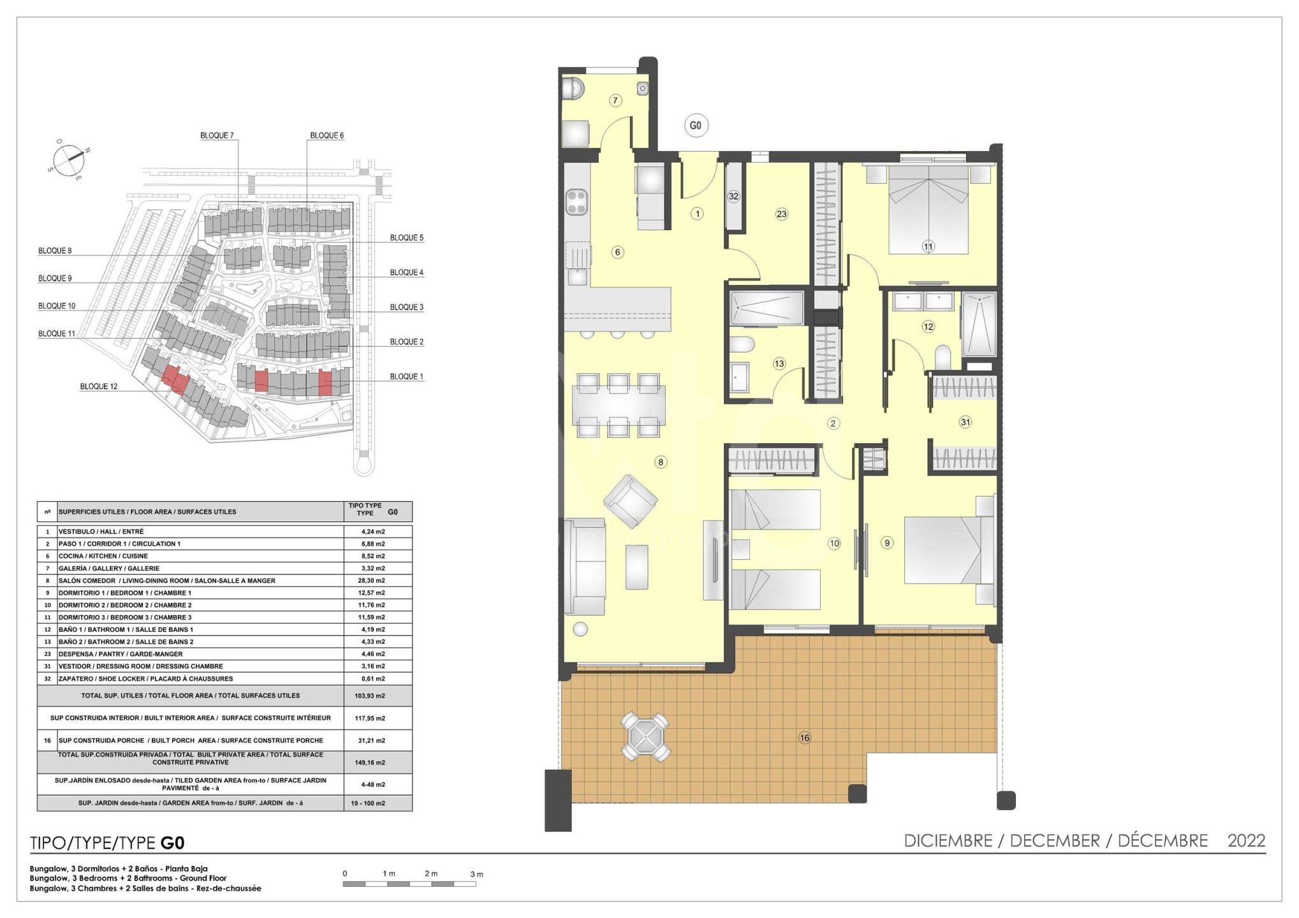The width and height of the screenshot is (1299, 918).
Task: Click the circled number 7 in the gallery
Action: [x=615, y=100]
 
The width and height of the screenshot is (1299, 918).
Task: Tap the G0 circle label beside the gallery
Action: [x=695, y=126]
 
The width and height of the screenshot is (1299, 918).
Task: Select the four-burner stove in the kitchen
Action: [x=576, y=201]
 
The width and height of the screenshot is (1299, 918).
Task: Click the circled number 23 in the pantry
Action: [x=782, y=214]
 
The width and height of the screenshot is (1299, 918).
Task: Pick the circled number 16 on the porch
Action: [x=805, y=738]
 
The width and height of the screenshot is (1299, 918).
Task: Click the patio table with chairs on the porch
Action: [x=645, y=737]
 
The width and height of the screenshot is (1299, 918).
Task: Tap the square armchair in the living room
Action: [x=631, y=501]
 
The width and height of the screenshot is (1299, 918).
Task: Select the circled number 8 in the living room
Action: [x=661, y=462]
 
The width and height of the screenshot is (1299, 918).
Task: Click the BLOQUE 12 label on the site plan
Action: [x=99, y=387]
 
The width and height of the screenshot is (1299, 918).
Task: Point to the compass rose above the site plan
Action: [x=69, y=159]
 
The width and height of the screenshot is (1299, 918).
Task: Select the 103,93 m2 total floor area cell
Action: [x=370, y=696]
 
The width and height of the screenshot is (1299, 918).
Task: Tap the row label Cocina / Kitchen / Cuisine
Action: [x=103, y=556]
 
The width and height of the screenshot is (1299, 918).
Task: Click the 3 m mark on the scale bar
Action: [x=476, y=874]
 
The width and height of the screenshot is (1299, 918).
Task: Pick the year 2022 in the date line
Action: [x=1247, y=841]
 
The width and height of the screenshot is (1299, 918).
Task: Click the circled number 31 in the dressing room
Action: [x=965, y=422]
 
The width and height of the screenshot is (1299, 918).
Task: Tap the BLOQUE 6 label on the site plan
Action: [x=327, y=136]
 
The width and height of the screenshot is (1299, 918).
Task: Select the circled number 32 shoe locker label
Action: [x=733, y=196]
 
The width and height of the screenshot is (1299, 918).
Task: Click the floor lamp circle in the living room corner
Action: [x=580, y=629]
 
